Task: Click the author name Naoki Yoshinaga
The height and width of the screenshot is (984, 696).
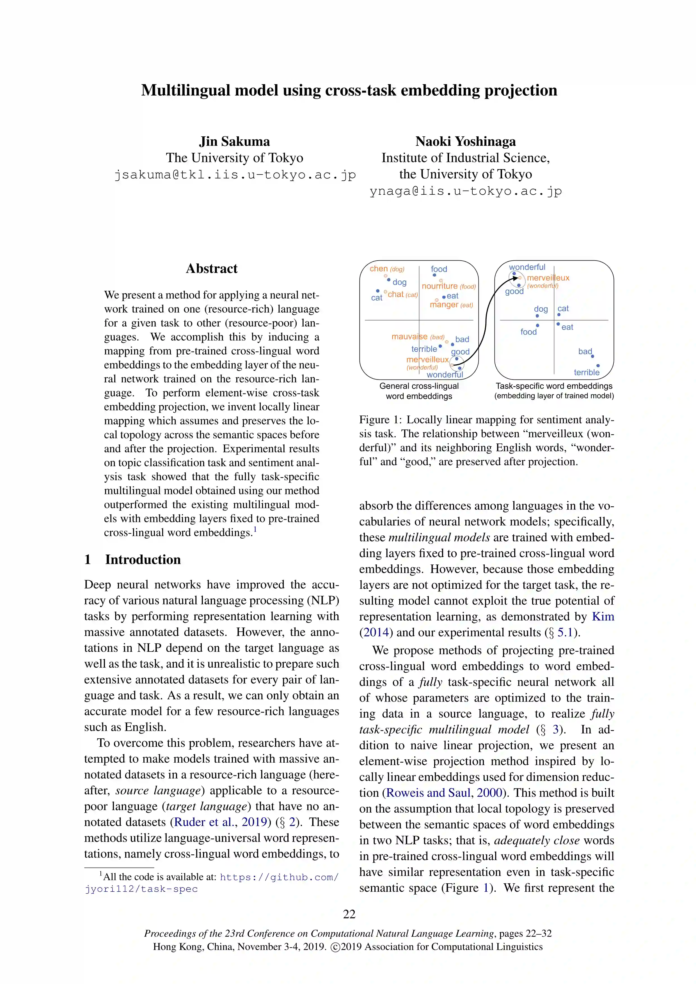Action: [465, 141]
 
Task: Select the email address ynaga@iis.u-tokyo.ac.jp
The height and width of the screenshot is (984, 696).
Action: [465, 191]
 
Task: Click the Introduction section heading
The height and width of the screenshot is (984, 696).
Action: [143, 560]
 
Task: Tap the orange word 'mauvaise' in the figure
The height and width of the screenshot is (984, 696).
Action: [409, 337]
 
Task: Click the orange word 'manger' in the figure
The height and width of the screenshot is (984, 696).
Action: [444, 305]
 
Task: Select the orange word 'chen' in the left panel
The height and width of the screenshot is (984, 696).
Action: [379, 269]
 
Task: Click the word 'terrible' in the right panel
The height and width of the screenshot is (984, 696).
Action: [586, 373]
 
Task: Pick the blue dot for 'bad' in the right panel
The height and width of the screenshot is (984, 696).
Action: [592, 357]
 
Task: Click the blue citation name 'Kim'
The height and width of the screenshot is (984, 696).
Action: [603, 617]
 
